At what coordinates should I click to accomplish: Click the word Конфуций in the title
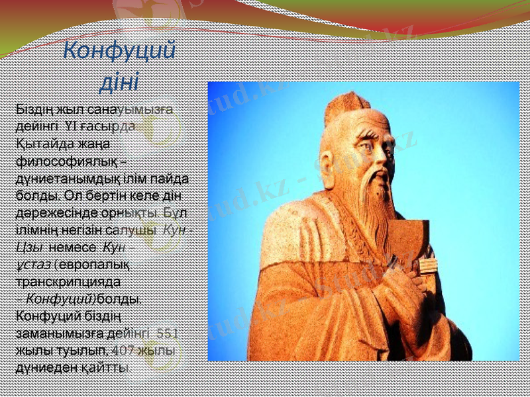(x=119, y=50)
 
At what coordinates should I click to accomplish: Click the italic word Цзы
(x=30, y=247)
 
